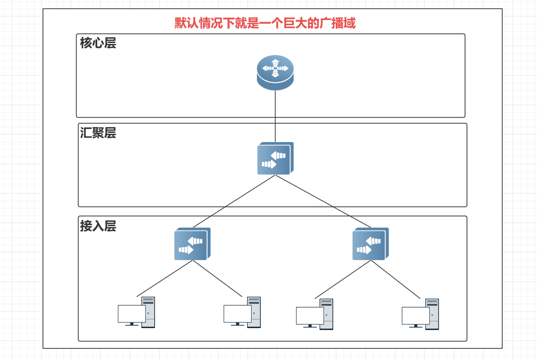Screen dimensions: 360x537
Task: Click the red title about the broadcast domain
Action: pyautogui.click(x=265, y=23)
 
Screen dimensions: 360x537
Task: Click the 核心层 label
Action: pyautogui.click(x=98, y=43)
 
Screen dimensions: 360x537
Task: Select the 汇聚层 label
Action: pyautogui.click(x=98, y=133)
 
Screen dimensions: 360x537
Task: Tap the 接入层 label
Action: pyautogui.click(x=98, y=226)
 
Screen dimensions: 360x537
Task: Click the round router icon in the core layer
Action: pyautogui.click(x=275, y=72)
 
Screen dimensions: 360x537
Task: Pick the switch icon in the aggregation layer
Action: pyautogui.click(x=275, y=158)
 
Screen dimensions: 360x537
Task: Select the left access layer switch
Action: pyautogui.click(x=192, y=244)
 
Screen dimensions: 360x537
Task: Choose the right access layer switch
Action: pyautogui.click(x=370, y=244)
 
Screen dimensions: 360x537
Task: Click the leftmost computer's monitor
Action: pyautogui.click(x=131, y=314)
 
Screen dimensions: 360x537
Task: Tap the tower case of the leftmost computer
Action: pyautogui.click(x=148, y=312)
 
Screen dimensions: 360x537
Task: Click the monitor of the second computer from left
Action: pyautogui.click(x=237, y=314)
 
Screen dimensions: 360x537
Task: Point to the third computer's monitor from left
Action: pyautogui.click(x=310, y=316)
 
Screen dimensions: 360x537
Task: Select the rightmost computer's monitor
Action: pyautogui.click(x=415, y=316)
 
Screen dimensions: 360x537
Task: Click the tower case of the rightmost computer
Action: pyautogui.click(x=432, y=314)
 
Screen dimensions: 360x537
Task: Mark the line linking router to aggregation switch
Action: pyautogui.click(x=275, y=116)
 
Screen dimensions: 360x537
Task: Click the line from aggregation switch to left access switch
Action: pyautogui.click(x=234, y=201)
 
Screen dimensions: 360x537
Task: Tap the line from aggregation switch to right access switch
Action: pyautogui.click(x=323, y=201)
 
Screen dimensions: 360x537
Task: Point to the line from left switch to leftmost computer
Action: pyautogui.click(x=165, y=278)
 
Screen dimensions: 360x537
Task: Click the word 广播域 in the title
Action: pyautogui.click(x=338, y=23)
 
